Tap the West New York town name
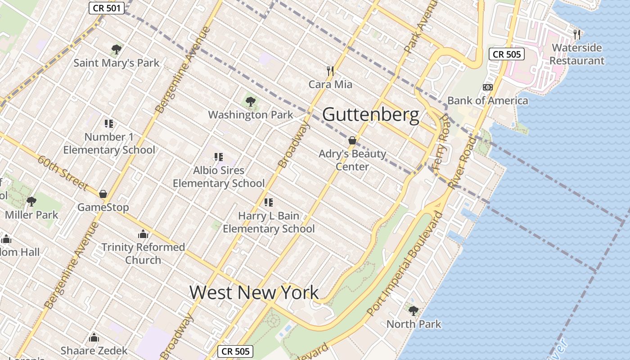point(254,292)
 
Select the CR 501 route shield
point(106,8)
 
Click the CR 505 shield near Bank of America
point(507,54)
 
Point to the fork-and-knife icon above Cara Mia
point(330,71)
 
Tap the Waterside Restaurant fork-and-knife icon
point(577,34)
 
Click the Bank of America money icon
point(487,87)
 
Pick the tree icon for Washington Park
point(251,102)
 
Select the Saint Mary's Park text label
point(117,63)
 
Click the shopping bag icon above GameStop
point(103,194)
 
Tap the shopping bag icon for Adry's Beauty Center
point(352,140)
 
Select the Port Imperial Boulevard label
point(405,263)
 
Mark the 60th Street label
point(63,173)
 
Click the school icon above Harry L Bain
point(269,202)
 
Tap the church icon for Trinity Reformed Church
point(143,234)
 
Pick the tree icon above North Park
point(413,310)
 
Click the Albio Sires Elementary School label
point(219,177)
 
